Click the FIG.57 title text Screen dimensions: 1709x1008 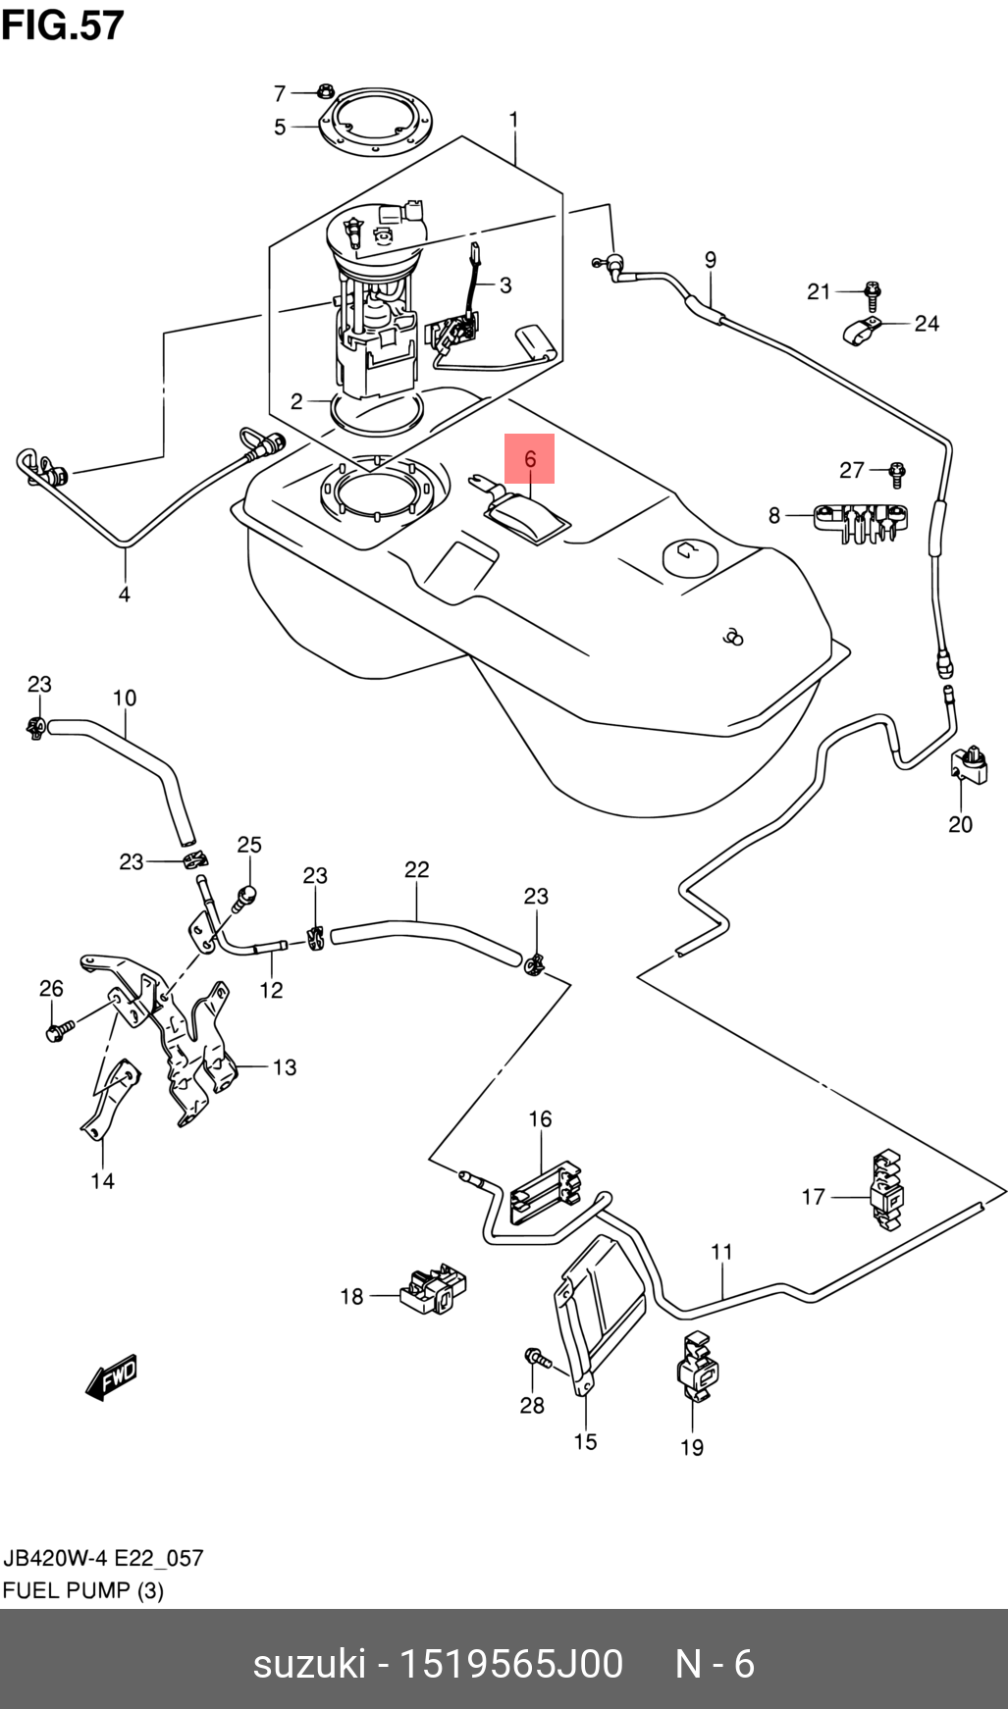click(63, 26)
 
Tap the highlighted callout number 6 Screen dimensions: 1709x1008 click(530, 458)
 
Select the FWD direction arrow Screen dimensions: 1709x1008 click(112, 1377)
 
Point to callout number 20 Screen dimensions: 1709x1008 click(960, 824)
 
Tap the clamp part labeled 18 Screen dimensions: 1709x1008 click(435, 1288)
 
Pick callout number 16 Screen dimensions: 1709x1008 click(540, 1118)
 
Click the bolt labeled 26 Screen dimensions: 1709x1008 click(58, 1030)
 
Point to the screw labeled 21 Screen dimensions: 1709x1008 click(871, 292)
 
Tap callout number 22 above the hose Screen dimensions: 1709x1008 click(416, 869)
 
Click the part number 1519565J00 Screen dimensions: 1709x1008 click(508, 1664)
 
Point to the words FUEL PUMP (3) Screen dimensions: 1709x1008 click(82, 1590)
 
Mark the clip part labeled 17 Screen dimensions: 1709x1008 click(887, 1188)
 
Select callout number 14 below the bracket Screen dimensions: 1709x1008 click(102, 1181)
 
